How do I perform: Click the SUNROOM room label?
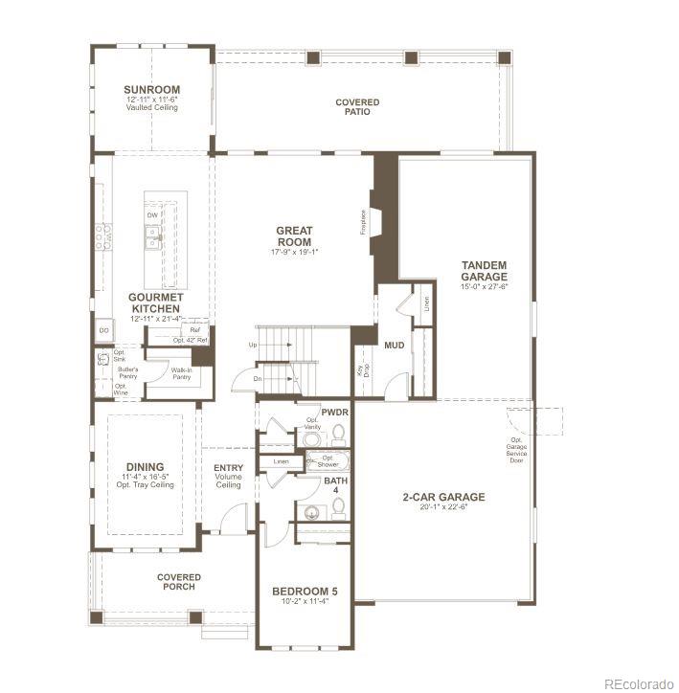point(152,90)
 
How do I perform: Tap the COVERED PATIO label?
point(357,107)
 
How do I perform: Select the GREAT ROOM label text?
point(295,235)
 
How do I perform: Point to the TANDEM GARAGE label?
point(484,271)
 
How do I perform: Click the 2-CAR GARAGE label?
point(443,497)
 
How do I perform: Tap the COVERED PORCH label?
point(179,582)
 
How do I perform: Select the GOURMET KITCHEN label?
point(154,302)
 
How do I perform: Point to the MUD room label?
point(394,345)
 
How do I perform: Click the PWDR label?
point(335,412)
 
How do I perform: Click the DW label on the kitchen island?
point(152,214)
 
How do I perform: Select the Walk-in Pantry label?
point(182,374)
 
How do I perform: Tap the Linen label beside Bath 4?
point(281,461)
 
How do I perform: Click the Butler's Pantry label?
point(128,372)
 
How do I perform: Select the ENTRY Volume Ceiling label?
point(229,476)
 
